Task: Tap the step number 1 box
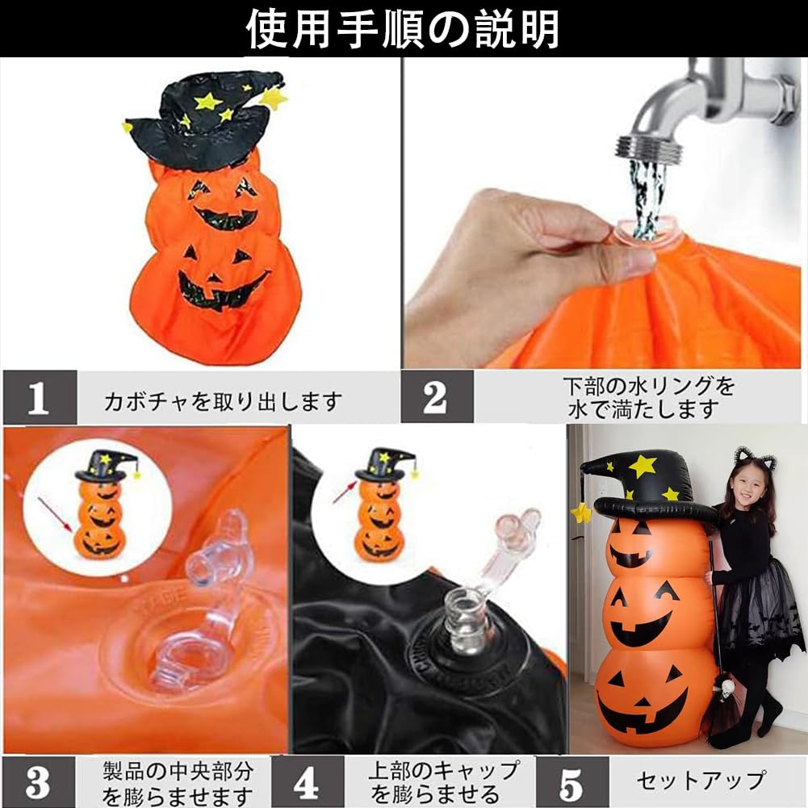point(40,397)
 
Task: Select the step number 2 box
point(437,397)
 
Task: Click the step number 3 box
point(38,782)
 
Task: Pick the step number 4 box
point(307,782)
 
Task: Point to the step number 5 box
point(571,782)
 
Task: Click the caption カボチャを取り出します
point(223,400)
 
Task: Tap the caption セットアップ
point(701,781)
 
